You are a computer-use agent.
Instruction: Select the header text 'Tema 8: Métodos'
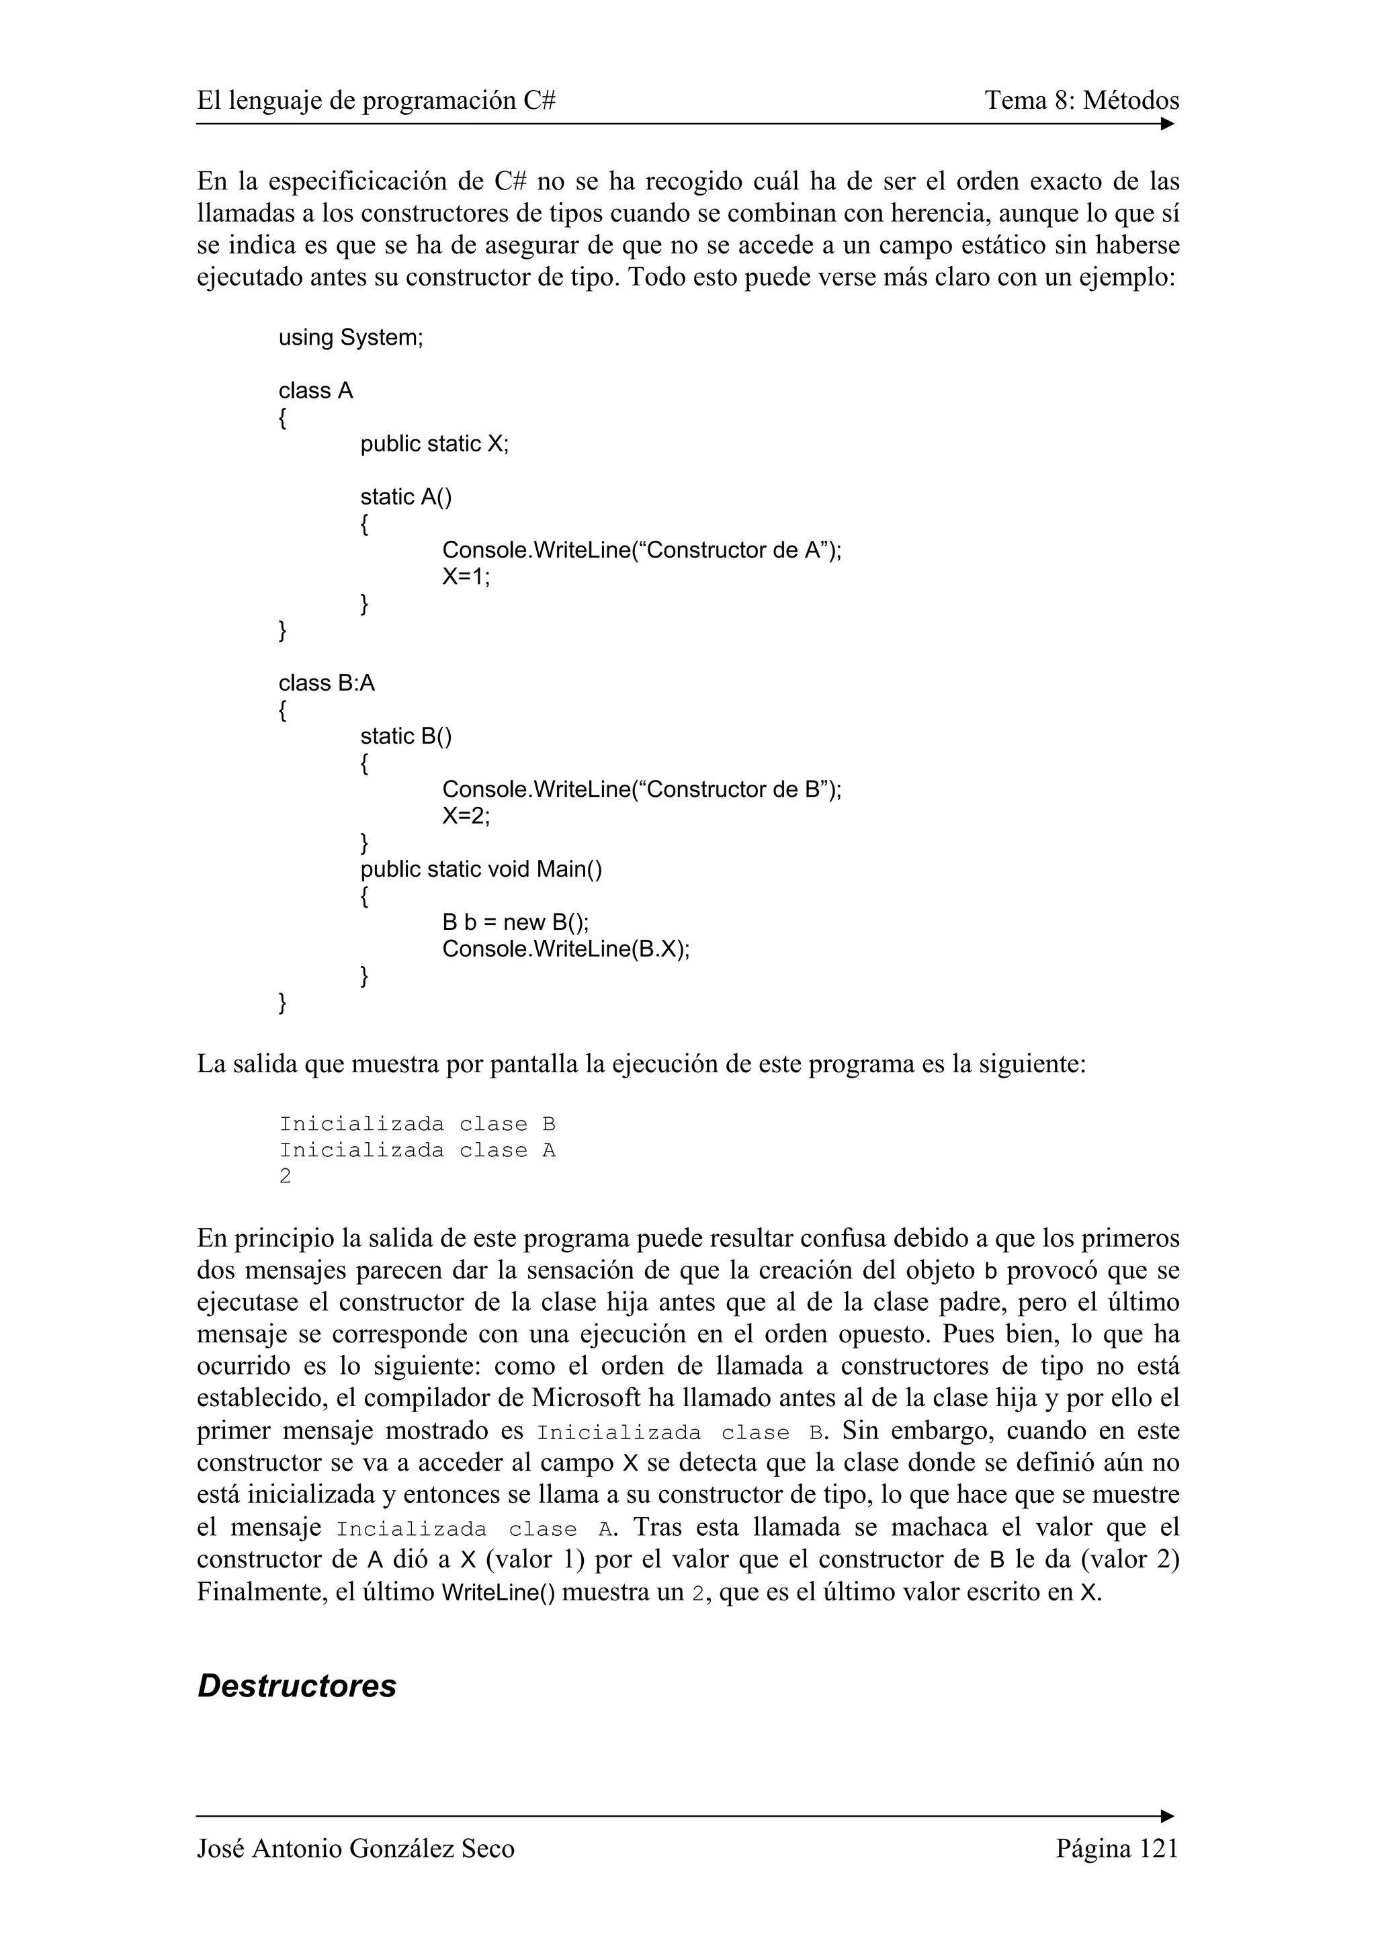[x=1081, y=101]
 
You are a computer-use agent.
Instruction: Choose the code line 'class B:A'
[x=327, y=683]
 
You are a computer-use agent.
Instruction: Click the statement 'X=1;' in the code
[x=466, y=576]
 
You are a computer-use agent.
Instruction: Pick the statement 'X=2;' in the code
[x=466, y=816]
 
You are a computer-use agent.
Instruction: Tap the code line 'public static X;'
[x=434, y=443]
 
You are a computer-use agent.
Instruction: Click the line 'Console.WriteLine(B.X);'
[x=566, y=948]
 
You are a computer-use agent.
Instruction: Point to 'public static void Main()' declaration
[x=480, y=869]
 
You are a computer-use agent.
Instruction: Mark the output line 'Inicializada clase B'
[x=417, y=1125]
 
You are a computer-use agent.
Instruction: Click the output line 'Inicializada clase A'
[x=417, y=1151]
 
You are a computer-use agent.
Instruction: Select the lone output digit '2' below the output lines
[x=285, y=1177]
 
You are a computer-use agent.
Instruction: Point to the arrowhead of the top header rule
[x=1168, y=124]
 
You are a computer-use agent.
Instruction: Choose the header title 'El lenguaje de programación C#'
[x=376, y=101]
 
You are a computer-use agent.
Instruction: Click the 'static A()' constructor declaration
[x=406, y=497]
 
